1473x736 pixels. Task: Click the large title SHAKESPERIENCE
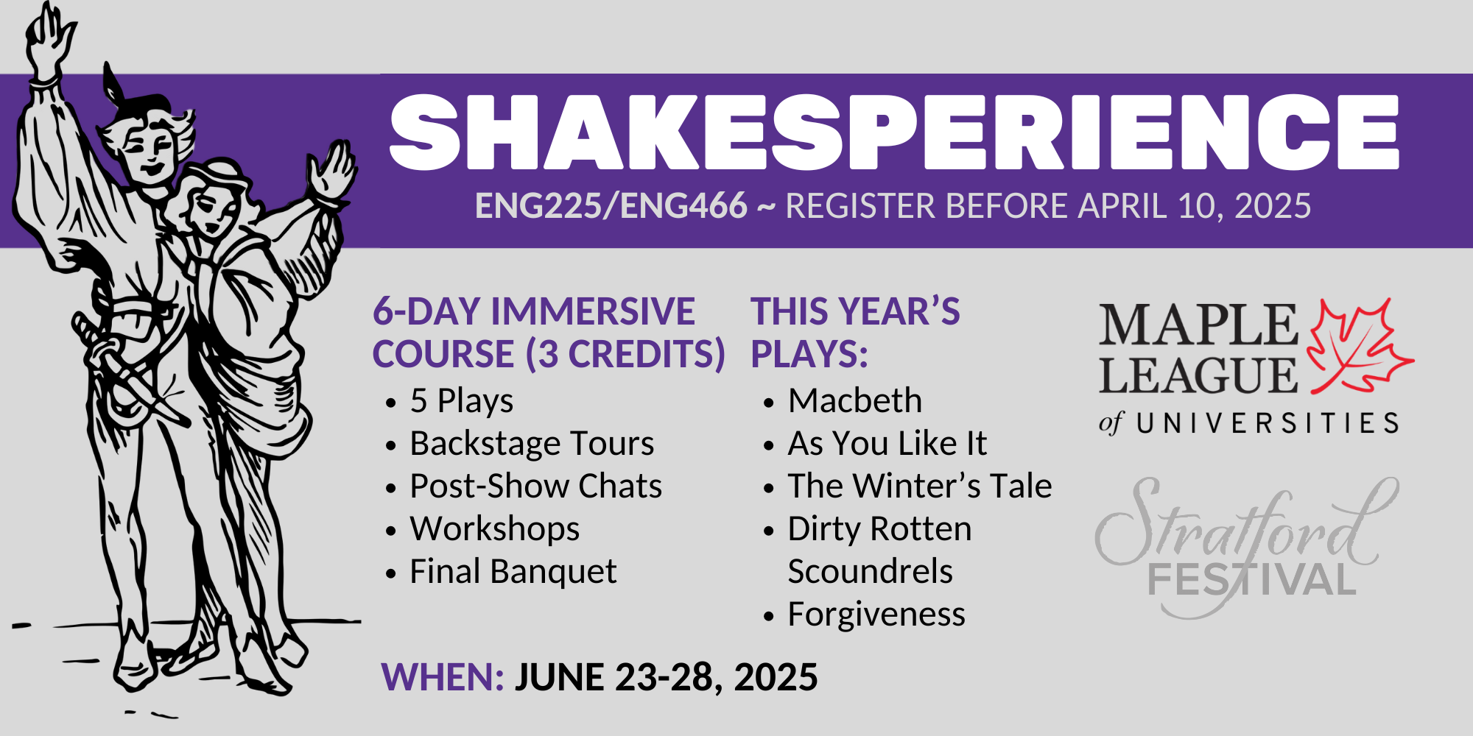894,132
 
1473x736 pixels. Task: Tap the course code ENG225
538,206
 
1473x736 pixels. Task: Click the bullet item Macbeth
854,401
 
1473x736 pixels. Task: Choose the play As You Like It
887,444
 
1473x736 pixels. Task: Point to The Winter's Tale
920,486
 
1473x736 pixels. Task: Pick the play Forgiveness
876,615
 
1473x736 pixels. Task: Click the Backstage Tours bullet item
532,444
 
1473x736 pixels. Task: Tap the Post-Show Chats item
535,486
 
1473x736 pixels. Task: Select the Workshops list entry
495,529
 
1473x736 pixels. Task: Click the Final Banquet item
513,572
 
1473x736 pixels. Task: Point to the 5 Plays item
462,402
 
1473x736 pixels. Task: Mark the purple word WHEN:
443,677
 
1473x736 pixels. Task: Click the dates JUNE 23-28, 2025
667,678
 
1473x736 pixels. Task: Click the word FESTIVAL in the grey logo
1252,580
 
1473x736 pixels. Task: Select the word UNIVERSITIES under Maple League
1268,423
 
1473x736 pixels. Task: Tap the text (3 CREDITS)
625,355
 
